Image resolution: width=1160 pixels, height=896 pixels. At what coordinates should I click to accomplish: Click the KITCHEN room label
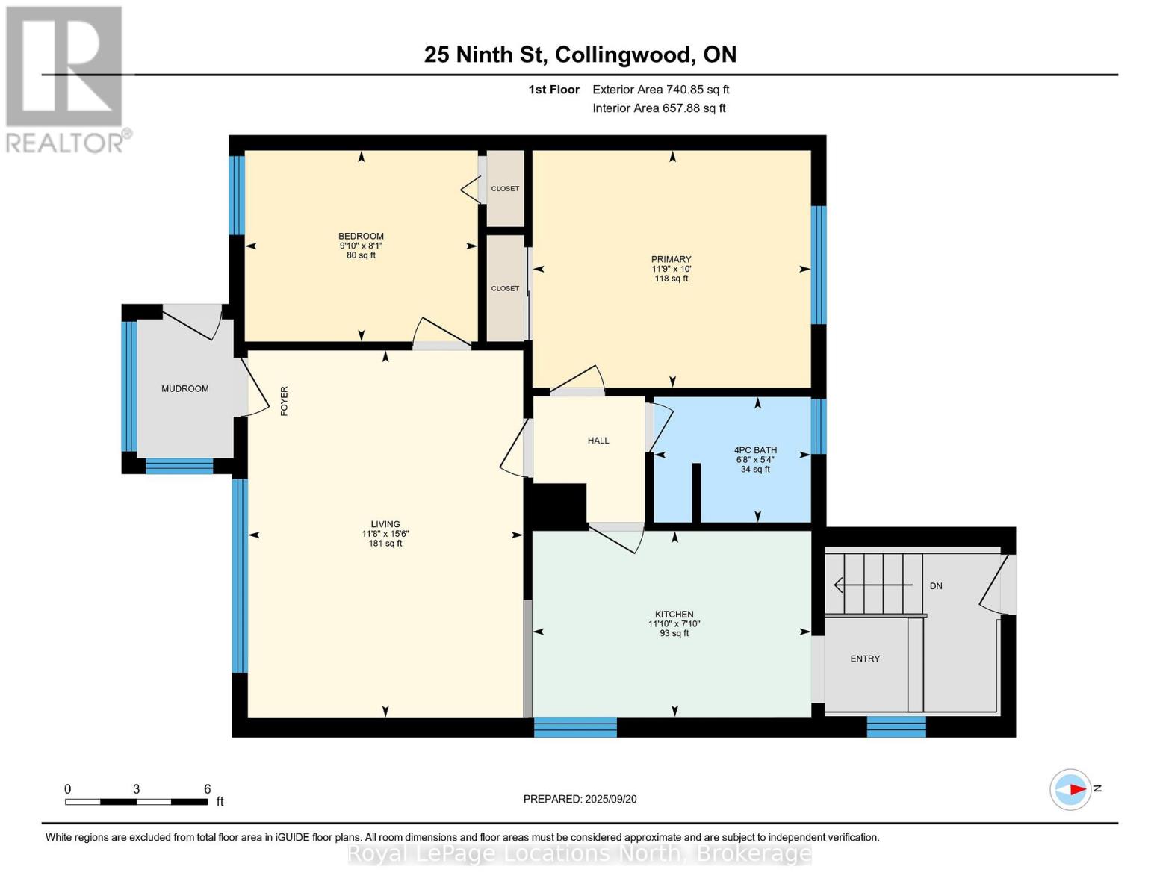pos(674,615)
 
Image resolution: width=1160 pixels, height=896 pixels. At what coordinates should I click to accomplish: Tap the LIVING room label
pos(385,524)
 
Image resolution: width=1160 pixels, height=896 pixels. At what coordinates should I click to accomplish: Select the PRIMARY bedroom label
pos(671,259)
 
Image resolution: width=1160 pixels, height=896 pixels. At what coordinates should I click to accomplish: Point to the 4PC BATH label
pos(755,450)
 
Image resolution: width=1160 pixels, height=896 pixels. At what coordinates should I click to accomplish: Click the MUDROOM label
pos(185,389)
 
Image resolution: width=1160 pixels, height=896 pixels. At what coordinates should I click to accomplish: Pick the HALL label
pos(598,441)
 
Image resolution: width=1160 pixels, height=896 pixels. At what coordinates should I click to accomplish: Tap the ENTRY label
pos(865,659)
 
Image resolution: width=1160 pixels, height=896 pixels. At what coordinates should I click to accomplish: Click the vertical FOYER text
pos(284,401)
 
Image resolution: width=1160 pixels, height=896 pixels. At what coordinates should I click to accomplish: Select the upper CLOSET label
pos(505,189)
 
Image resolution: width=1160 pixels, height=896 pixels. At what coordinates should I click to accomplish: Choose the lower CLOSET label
pos(505,288)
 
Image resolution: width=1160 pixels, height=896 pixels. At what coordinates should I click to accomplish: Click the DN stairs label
pos(936,586)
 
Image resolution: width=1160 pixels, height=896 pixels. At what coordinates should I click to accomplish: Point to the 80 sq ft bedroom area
pos(362,255)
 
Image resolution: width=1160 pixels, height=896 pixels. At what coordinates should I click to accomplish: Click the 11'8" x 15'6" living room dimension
pos(385,534)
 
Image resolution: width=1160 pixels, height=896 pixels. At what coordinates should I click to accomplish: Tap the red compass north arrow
pos(1076,789)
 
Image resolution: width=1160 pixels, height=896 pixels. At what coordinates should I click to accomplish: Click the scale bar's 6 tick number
pos(208,789)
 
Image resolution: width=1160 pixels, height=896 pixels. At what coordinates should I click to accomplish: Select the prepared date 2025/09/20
pos(610,799)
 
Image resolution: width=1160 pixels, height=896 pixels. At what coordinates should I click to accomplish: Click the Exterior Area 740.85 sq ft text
pos(660,90)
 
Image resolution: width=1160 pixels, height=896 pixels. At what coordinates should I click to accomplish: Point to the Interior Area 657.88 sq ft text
pos(659,108)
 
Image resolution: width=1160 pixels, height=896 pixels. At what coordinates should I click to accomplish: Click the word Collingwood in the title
pos(623,55)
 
